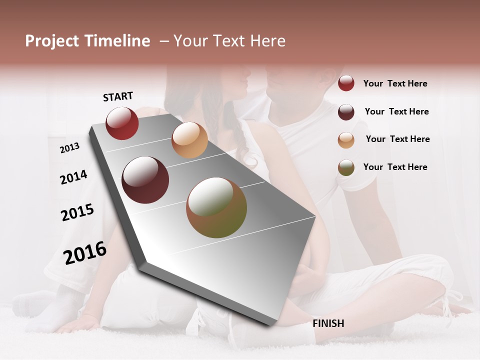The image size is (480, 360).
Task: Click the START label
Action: (118, 96)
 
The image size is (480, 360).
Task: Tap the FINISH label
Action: (328, 323)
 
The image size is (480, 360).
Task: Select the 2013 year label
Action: (69, 147)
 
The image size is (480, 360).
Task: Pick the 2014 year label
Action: (73, 177)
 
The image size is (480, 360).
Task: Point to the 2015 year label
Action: (77, 212)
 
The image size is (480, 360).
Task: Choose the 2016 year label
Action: (85, 252)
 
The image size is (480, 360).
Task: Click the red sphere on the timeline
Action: (122, 123)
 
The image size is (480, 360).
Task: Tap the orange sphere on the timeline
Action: (189, 140)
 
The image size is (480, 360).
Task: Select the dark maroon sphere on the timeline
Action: (145, 180)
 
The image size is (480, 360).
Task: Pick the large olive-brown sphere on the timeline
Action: (216, 207)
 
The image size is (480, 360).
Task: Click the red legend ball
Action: (346, 83)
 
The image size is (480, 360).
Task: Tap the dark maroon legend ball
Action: (346, 111)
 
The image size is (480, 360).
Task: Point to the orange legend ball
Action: (346, 139)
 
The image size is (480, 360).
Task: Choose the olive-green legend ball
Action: (346, 167)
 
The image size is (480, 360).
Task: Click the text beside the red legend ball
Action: (395, 83)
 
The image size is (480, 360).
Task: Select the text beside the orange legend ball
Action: (397, 139)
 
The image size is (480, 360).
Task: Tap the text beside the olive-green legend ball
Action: (395, 167)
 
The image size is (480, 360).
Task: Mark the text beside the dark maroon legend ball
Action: (396, 111)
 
